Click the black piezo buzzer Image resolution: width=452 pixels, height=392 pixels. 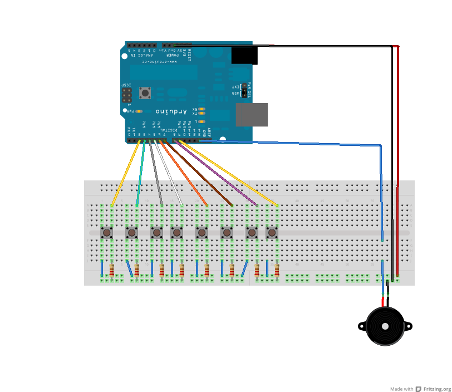[x=385, y=326]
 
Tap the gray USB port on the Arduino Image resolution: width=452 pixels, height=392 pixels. [x=252, y=115]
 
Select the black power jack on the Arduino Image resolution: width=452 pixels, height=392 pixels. [x=244, y=56]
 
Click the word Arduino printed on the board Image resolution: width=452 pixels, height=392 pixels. [x=171, y=111]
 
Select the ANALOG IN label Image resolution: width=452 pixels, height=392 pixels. [x=140, y=55]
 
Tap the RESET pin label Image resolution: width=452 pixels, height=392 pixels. [x=189, y=55]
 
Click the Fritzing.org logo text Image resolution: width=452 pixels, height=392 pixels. [x=436, y=389]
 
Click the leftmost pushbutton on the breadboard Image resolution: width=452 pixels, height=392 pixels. [x=106, y=232]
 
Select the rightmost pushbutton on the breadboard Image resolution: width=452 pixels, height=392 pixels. [x=272, y=232]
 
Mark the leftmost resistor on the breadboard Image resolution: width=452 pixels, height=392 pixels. [x=112, y=270]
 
